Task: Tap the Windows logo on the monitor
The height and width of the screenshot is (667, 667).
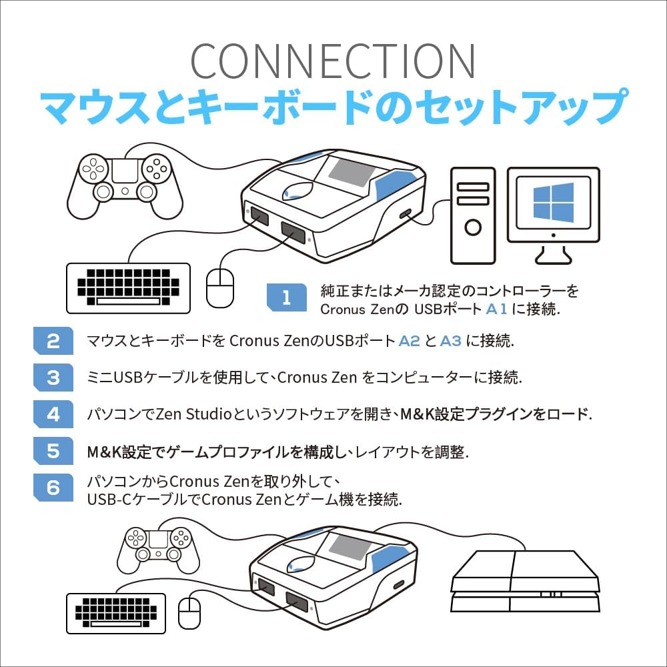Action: click(x=553, y=202)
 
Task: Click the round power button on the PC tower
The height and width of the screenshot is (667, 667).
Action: click(x=473, y=227)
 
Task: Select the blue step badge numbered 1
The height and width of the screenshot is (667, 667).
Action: click(x=286, y=297)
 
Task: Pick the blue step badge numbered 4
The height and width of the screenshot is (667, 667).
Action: click(x=53, y=414)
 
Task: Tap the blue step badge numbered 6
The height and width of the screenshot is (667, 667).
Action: click(x=53, y=488)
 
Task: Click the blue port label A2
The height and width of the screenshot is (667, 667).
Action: click(x=409, y=341)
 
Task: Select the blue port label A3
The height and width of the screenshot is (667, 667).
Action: click(x=451, y=341)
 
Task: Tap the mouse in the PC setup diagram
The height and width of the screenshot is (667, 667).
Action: click(x=220, y=287)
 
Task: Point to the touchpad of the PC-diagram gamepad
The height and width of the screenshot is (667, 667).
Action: click(x=125, y=171)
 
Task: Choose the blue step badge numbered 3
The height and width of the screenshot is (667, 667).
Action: click(x=53, y=378)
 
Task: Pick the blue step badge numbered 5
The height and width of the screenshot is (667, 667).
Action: click(x=53, y=451)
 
